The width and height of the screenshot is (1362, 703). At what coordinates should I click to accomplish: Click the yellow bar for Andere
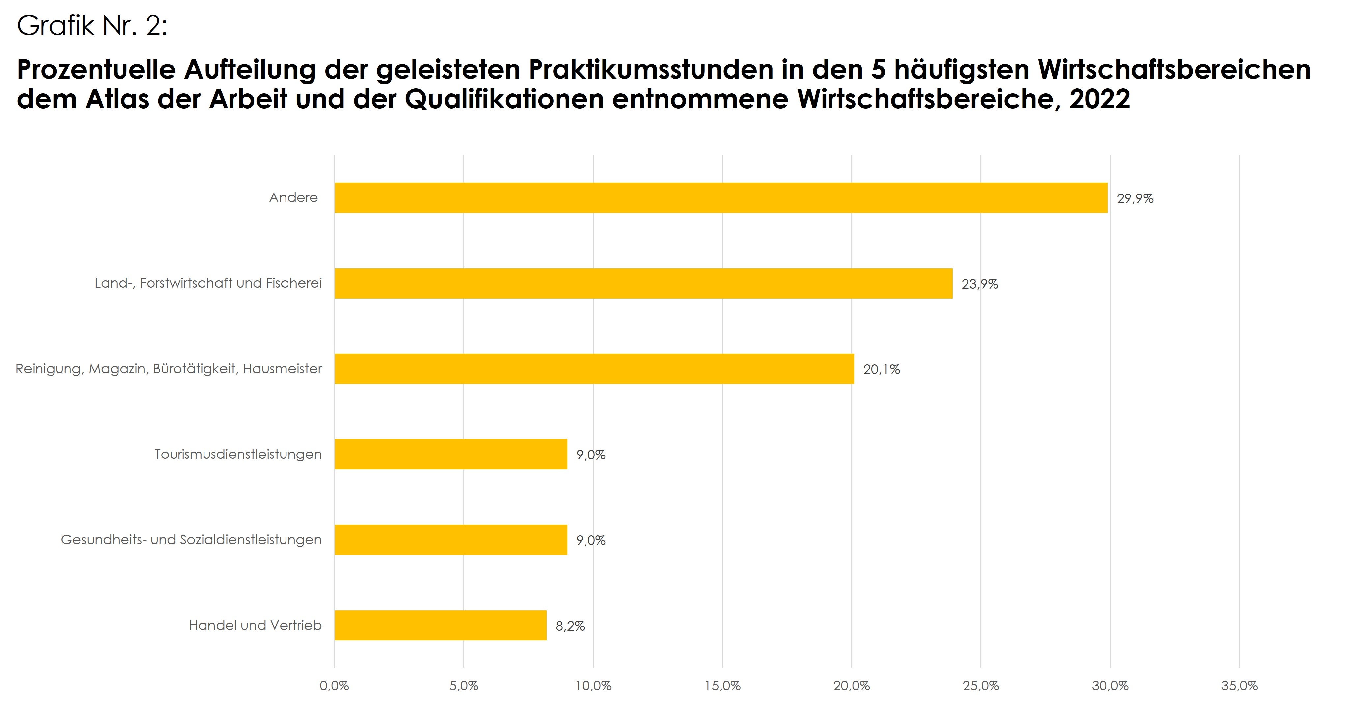[x=721, y=198]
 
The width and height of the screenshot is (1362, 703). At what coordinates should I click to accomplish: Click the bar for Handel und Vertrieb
[x=440, y=625]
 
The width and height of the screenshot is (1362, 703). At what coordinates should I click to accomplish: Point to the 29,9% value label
[x=1135, y=199]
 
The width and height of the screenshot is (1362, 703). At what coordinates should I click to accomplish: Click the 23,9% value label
[x=979, y=284]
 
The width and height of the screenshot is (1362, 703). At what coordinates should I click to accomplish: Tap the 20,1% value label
[x=882, y=370]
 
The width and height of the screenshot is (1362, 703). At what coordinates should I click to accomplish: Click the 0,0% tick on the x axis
[x=334, y=686]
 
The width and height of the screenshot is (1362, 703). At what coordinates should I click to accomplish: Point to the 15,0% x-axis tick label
[x=722, y=686]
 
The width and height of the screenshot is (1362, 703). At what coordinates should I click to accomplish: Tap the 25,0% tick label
[x=981, y=686]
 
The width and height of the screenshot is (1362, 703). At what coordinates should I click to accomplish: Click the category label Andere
[x=293, y=198]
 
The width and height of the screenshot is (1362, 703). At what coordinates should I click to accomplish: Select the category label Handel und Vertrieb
[x=256, y=625]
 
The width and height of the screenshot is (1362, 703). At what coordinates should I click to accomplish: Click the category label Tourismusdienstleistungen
[x=238, y=454]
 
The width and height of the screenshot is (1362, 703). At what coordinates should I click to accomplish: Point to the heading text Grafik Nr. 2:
[x=93, y=25]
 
